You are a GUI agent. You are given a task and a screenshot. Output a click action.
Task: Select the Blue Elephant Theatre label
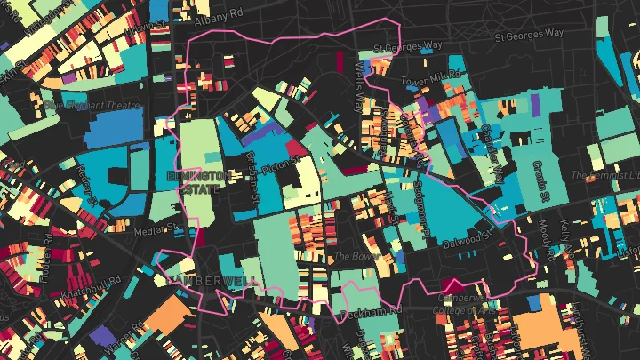click(x=93, y=104)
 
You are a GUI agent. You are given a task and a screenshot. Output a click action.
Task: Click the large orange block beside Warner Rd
click(x=164, y=316)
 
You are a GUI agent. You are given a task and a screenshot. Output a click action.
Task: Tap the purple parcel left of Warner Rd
click(x=100, y=336)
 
